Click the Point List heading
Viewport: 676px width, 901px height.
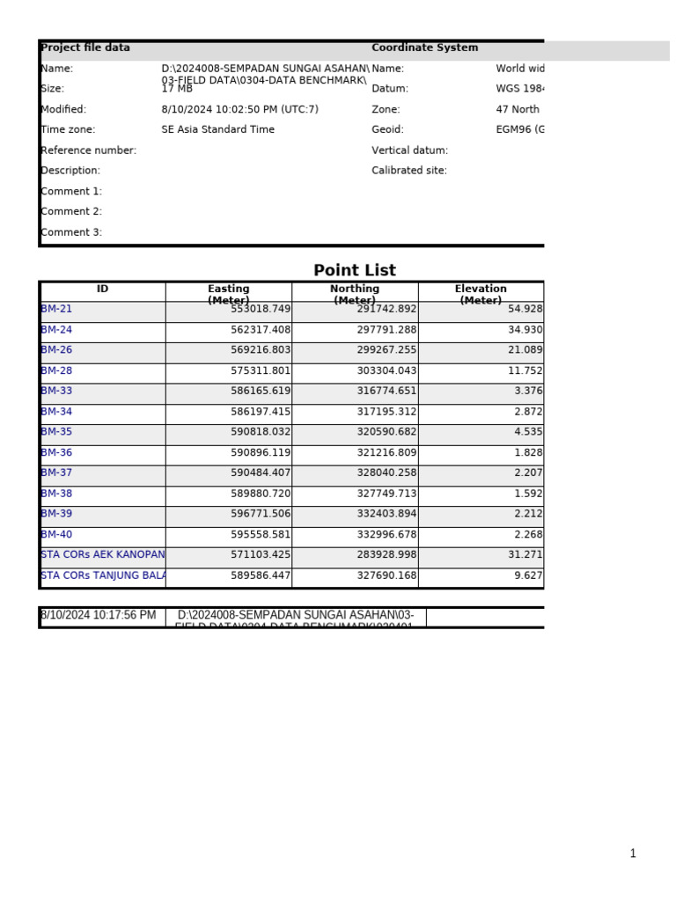point(355,271)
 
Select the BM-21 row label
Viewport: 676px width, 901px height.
point(57,310)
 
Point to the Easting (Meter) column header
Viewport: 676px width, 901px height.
point(228,294)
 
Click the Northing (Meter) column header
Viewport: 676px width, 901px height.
point(355,294)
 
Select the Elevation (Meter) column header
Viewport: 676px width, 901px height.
point(481,294)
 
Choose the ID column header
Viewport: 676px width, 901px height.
point(103,289)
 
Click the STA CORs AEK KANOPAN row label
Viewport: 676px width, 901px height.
point(102,555)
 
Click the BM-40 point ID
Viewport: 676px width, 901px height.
point(57,535)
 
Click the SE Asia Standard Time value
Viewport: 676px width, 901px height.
point(218,130)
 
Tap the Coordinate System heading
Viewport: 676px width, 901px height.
point(425,48)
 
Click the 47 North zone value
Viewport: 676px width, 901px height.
point(518,110)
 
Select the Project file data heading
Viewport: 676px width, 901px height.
point(85,48)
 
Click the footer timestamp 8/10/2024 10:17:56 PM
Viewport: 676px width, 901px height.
point(99,616)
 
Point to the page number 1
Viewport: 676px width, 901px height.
point(632,853)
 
